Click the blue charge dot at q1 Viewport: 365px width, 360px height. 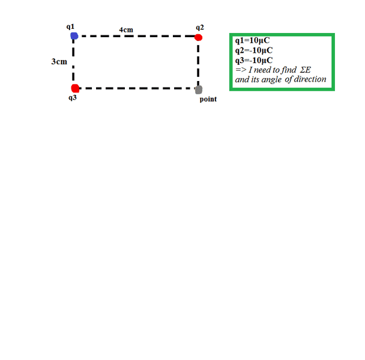pos(74,36)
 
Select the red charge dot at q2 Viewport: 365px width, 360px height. pos(198,37)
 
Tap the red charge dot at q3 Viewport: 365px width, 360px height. pos(75,88)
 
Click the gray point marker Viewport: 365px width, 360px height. pos(199,90)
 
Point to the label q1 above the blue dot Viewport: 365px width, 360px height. pos(70,27)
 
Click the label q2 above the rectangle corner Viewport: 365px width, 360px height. pos(200,28)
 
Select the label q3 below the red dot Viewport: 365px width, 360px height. pos(73,98)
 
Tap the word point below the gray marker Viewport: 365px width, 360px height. pos(208,100)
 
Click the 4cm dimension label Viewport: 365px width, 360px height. pos(126,30)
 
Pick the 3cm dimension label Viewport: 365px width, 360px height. pos(59,62)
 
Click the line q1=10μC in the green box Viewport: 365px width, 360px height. pos(252,41)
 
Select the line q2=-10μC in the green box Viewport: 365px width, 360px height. pos(254,50)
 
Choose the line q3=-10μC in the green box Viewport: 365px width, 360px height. pos(254,61)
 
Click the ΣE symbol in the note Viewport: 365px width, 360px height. pos(306,70)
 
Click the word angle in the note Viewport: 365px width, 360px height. pos(272,80)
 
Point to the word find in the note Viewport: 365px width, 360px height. pos(289,70)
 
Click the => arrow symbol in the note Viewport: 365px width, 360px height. pos(241,70)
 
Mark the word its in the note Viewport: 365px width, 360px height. pos(255,79)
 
